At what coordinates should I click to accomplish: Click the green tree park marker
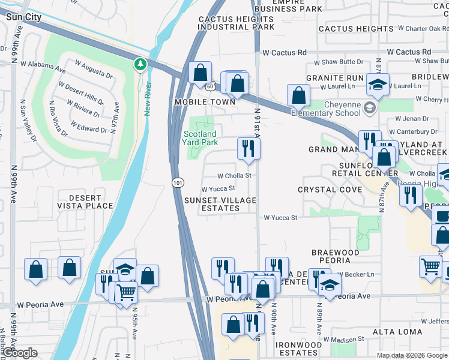coord(140,64)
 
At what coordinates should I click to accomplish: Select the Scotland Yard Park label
coord(200,138)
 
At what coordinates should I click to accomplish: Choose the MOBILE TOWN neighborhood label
coord(205,102)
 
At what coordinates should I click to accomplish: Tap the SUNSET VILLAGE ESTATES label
coord(220,204)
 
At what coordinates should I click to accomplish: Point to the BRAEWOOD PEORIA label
coord(335,256)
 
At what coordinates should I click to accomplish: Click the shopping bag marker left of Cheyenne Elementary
coord(298,95)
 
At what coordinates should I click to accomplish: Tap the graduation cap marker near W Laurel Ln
coord(378,85)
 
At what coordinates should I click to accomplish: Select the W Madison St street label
coord(344,339)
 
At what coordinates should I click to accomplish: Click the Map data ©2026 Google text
coord(412,355)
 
